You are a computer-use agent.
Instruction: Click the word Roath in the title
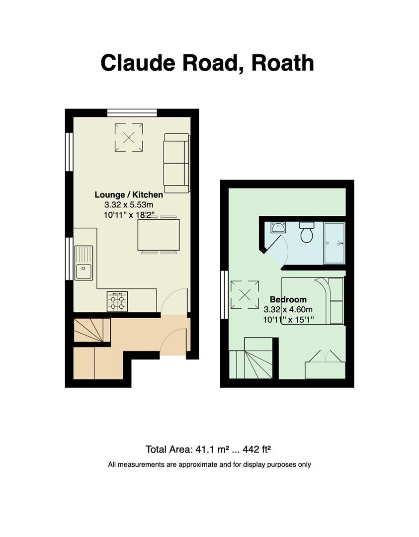[282, 63]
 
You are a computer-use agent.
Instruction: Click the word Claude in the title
[138, 63]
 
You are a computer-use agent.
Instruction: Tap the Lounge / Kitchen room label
[129, 195]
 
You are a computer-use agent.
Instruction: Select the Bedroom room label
[288, 299]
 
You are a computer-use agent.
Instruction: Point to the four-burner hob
[117, 301]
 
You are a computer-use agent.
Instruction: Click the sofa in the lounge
[176, 163]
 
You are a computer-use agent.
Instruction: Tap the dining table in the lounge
[159, 235]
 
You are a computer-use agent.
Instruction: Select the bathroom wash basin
[278, 227]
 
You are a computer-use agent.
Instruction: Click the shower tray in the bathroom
[334, 243]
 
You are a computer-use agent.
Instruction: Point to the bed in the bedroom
[312, 301]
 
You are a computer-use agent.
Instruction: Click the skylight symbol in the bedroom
[245, 294]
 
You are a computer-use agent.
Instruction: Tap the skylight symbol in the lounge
[129, 137]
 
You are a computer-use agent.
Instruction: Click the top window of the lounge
[132, 113]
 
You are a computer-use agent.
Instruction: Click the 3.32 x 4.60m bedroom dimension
[288, 310]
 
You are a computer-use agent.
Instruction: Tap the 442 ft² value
[257, 449]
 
